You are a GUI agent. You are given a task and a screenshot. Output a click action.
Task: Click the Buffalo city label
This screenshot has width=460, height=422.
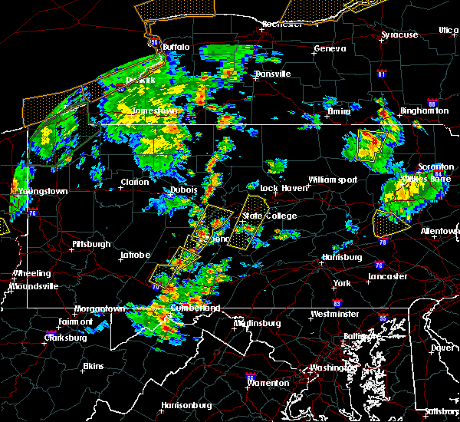[176, 47]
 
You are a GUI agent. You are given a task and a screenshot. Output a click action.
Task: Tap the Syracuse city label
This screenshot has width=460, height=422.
[399, 35]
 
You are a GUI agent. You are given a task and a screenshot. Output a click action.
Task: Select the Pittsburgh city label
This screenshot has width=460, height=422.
[91, 244]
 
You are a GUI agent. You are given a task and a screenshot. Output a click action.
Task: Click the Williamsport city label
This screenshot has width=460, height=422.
[333, 180]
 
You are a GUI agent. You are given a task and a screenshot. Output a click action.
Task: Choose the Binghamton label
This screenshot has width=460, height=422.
[424, 110]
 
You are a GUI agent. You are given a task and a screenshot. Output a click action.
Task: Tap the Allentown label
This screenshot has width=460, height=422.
[440, 231]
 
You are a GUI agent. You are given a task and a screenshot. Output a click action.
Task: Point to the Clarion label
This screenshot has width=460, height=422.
[134, 183]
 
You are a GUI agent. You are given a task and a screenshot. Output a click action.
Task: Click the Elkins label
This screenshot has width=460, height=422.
[94, 366]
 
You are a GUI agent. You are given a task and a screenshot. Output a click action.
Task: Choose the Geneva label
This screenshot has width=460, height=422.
[324, 49]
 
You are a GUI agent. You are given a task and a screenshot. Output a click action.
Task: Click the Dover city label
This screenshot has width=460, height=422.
[441, 347]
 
